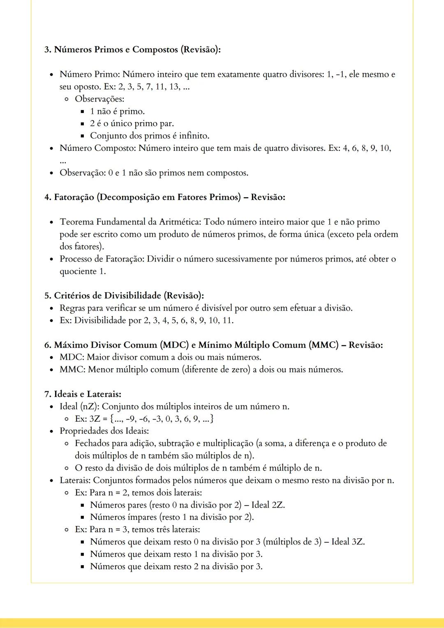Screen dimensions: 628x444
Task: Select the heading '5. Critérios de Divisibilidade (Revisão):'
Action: point(124,296)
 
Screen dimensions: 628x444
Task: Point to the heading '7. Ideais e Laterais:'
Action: point(83,394)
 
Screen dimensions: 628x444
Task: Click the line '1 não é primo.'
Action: point(117,111)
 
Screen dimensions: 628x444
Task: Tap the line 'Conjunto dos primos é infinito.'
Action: point(150,136)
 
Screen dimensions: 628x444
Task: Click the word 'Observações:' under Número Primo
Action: point(99,99)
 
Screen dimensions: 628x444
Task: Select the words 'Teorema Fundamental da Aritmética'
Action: point(130,222)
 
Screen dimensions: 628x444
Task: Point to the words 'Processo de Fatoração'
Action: point(101,259)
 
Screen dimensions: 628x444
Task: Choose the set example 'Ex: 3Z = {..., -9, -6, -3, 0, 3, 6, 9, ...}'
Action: point(144,419)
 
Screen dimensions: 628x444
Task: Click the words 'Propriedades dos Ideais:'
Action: point(104,431)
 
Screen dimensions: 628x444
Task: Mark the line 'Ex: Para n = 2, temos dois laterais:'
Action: point(138,492)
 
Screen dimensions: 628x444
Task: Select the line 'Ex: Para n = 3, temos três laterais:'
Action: point(137,529)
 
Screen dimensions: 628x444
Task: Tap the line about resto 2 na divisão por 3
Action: point(176,566)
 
